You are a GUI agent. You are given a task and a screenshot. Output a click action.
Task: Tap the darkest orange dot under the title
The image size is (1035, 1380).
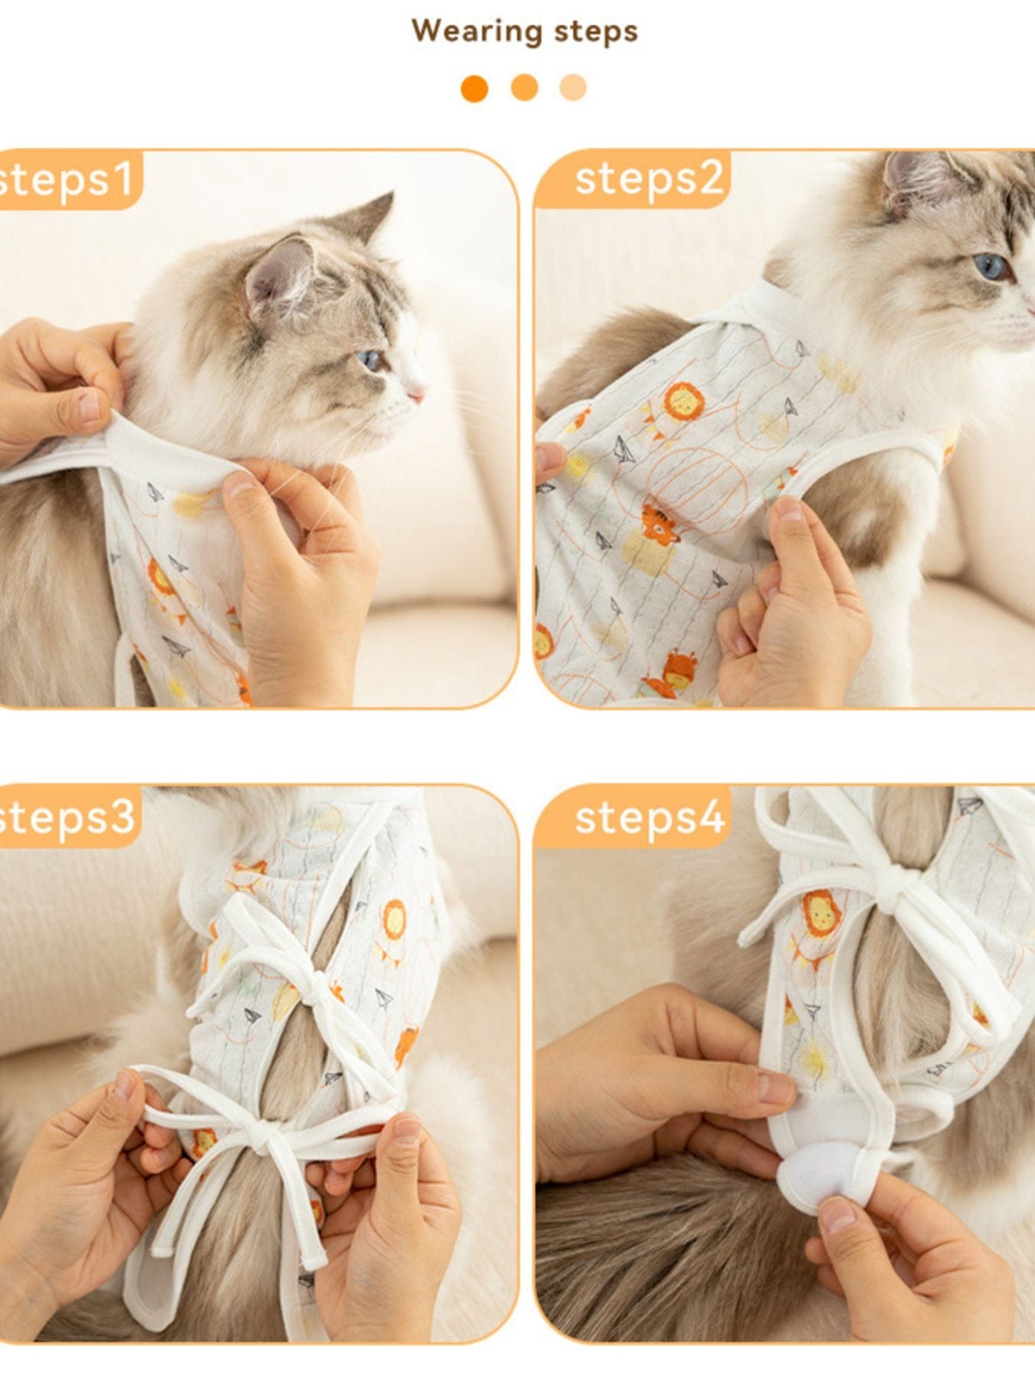point(475,88)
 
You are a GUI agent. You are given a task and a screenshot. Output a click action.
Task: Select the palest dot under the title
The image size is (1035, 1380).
point(573,87)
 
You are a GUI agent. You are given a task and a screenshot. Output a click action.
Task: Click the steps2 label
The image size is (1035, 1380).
point(649,179)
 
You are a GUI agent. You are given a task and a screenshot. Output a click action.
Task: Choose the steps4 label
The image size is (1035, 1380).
point(649,817)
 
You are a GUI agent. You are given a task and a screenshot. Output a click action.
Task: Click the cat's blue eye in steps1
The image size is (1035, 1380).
point(370,359)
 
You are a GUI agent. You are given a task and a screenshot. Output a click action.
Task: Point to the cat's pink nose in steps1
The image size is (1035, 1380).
point(417,395)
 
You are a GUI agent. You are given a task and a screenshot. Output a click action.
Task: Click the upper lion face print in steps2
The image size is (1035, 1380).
point(682,401)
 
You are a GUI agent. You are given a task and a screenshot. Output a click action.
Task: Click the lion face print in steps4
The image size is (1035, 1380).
point(821,913)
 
